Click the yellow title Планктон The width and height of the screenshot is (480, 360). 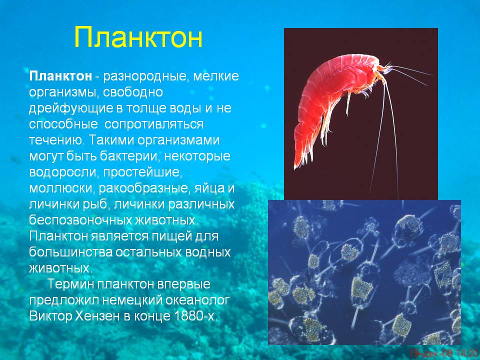tap(138, 37)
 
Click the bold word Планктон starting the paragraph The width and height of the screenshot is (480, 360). tap(60, 76)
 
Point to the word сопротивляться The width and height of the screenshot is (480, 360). tap(154, 124)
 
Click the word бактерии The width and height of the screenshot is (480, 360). tap(130, 156)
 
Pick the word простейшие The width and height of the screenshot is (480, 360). tap(142, 172)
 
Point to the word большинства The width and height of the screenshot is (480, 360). tap(72, 252)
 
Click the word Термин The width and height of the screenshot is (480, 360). tap(71, 284)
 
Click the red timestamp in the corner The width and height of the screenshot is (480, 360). tap(444, 353)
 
